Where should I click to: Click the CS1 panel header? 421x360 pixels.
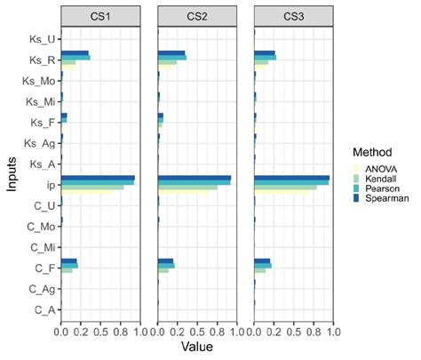100,15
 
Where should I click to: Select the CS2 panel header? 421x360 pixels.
197,15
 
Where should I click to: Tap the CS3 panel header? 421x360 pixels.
294,15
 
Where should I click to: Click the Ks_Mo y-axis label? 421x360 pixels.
40,81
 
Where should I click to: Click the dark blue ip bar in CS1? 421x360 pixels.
98,178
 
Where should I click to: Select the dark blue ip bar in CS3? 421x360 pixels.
291,178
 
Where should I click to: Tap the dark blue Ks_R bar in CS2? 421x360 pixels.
171,53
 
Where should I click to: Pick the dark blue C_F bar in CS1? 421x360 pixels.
68,260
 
